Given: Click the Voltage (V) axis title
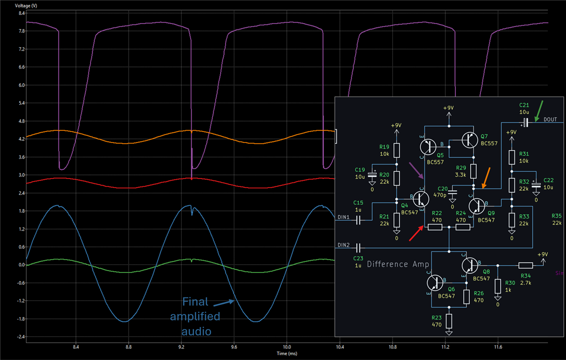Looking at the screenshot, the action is [x=26, y=6].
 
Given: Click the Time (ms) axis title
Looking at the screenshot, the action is [x=287, y=353].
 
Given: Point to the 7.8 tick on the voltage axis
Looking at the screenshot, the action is [x=22, y=31].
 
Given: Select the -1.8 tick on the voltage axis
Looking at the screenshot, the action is [x=21, y=319].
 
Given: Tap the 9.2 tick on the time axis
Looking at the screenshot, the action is [x=181, y=347].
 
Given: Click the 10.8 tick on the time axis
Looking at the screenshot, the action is [x=393, y=347].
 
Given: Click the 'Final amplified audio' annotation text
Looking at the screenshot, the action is [x=195, y=316].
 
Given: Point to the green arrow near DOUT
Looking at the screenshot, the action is [x=539, y=110].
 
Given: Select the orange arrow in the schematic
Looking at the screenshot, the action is [x=486, y=178].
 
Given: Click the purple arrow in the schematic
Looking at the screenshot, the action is [x=416, y=170].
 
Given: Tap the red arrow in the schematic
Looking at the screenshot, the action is [x=416, y=233].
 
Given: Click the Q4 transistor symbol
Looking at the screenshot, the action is [x=420, y=198].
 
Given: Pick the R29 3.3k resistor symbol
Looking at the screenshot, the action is [x=473, y=171].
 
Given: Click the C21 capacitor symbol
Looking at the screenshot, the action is [x=525, y=122].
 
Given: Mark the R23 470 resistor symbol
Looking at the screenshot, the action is [x=449, y=320].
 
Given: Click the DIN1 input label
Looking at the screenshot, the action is [x=343, y=217].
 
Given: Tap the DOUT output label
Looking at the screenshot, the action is [x=550, y=119].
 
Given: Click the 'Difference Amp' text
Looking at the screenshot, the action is [x=398, y=264].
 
